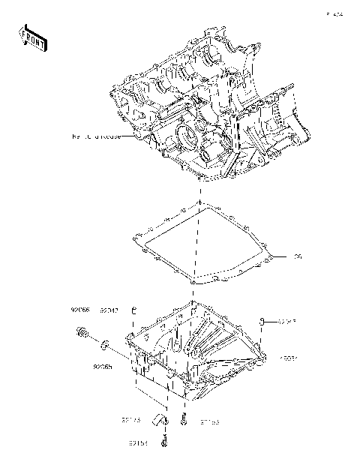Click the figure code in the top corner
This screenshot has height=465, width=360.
[x=334, y=13]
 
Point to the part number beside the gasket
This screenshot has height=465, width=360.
[x=297, y=257]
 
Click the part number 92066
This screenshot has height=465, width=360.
[x=81, y=308]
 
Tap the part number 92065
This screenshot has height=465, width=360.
[x=103, y=367]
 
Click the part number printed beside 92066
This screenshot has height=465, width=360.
[x=109, y=308]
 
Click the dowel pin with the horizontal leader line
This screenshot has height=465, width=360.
[x=262, y=322]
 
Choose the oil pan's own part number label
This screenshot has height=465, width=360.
[x=289, y=358]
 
